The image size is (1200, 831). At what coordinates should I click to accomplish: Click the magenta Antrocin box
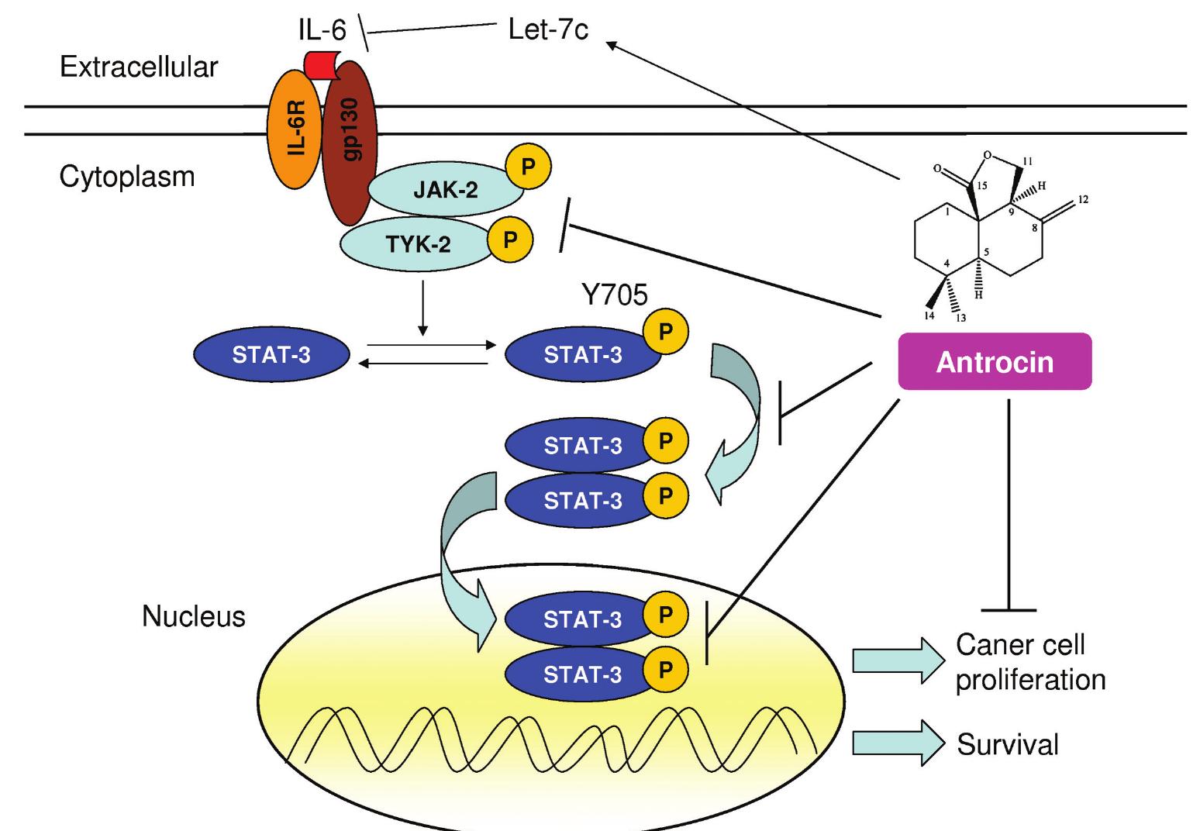click(x=995, y=361)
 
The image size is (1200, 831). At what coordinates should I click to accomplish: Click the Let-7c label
click(x=548, y=30)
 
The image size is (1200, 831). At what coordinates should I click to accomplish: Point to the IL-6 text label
click(x=322, y=31)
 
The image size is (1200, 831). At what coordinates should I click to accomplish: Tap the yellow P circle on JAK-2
click(x=528, y=167)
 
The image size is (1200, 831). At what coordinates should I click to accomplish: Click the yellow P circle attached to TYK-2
click(x=509, y=238)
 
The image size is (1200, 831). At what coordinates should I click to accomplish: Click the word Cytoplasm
click(x=127, y=177)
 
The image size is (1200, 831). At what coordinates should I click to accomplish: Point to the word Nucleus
click(x=193, y=616)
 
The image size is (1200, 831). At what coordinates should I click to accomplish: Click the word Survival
click(x=1007, y=745)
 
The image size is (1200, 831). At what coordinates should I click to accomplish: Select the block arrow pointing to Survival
click(x=898, y=743)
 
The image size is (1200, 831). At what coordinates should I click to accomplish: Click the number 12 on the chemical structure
click(x=1083, y=200)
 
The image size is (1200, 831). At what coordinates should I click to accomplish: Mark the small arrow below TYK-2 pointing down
click(x=422, y=309)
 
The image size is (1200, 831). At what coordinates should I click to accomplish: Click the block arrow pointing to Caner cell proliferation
click(x=898, y=660)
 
